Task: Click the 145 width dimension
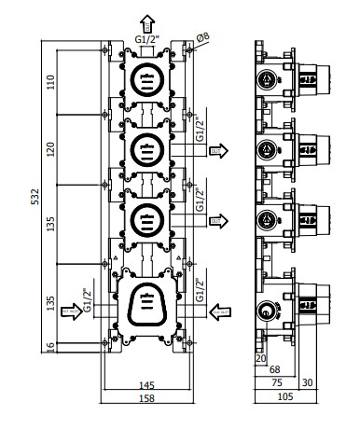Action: (146, 385)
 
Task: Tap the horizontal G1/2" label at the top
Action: (146, 40)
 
